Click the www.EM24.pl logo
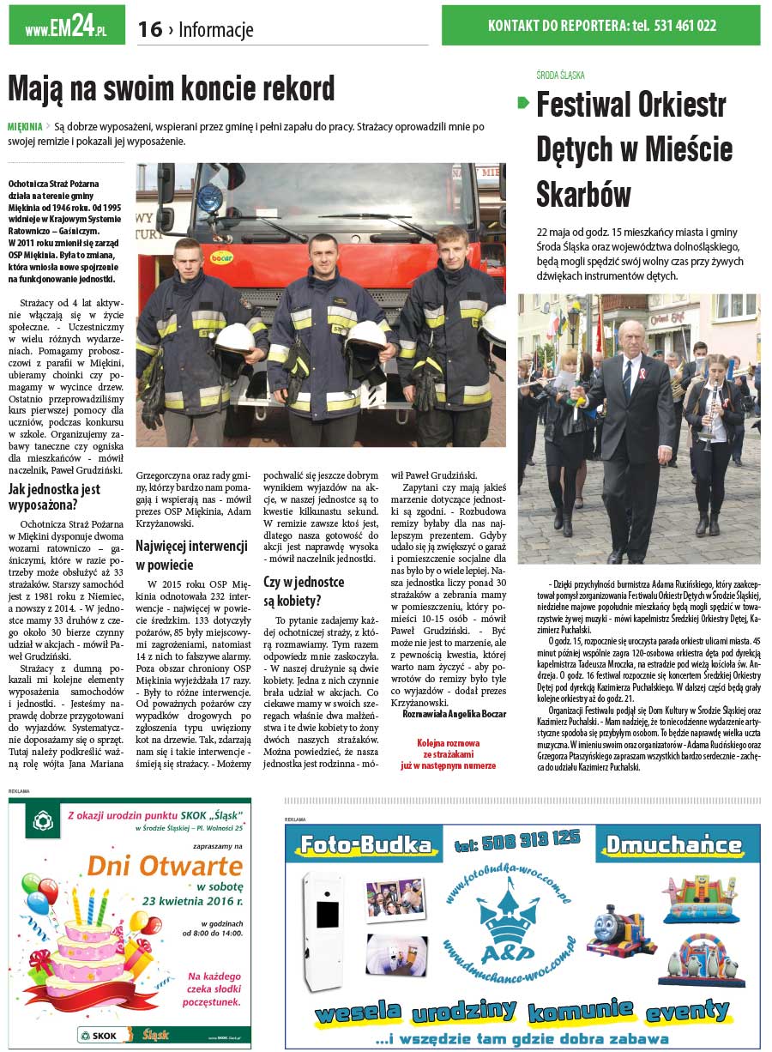pyautogui.click(x=66, y=26)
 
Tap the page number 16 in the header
pyautogui.click(x=149, y=30)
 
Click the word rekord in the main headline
pyautogui.click(x=288, y=88)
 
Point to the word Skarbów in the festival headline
pyautogui.click(x=583, y=194)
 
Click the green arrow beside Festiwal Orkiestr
pyautogui.click(x=523, y=103)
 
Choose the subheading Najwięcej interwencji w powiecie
pyautogui.click(x=190, y=554)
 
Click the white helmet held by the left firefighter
pyautogui.click(x=233, y=338)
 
